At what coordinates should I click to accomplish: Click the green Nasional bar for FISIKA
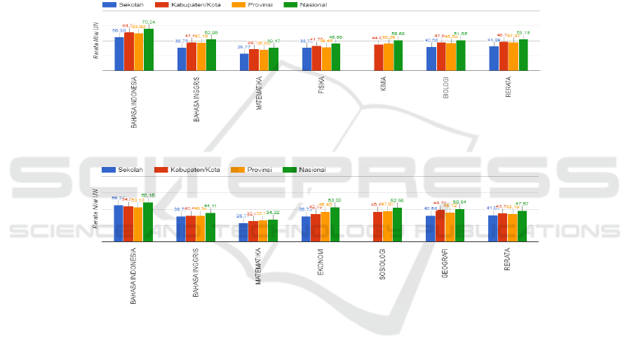[336, 58]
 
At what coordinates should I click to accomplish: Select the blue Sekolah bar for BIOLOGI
[431, 59]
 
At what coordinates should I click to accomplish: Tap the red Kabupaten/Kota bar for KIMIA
[379, 58]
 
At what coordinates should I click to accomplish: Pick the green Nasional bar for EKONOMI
[335, 225]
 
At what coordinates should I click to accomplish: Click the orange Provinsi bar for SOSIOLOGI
[388, 227]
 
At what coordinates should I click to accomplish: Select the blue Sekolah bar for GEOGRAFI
[430, 229]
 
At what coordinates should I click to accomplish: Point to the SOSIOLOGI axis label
[382, 264]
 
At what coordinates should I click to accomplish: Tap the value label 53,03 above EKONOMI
[335, 201]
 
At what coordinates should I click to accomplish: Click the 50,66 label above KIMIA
[398, 34]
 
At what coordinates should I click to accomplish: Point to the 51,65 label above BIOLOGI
[460, 34]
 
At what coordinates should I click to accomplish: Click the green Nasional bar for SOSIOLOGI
[398, 225]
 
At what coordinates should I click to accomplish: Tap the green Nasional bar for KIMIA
[398, 56]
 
